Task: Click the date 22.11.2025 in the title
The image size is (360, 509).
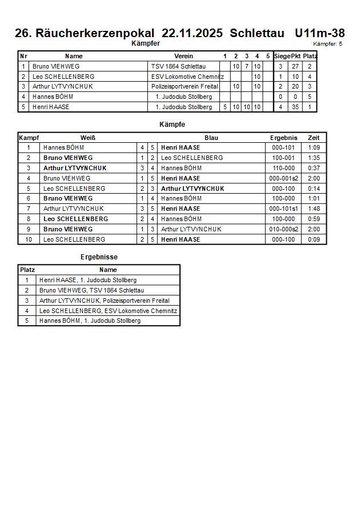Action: click(x=193, y=33)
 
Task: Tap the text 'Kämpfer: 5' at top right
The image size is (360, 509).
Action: click(x=328, y=43)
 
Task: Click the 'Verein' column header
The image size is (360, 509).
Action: click(x=183, y=56)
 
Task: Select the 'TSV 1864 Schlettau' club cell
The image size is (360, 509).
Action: click(x=178, y=66)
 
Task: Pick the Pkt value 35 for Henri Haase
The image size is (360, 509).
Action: click(x=295, y=107)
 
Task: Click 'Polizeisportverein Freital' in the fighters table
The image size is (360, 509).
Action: click(x=185, y=86)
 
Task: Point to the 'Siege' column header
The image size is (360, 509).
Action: click(x=282, y=56)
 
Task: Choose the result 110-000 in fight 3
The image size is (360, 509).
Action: click(x=283, y=168)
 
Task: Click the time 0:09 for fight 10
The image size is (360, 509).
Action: click(x=314, y=239)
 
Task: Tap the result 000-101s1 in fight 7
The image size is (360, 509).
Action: click(x=283, y=209)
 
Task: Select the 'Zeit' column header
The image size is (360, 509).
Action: click(x=314, y=138)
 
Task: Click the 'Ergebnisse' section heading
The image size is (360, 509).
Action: click(x=99, y=257)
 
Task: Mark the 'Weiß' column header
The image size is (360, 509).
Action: click(x=87, y=138)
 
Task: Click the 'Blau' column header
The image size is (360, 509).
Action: click(x=211, y=138)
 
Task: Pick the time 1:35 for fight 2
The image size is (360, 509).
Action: click(x=314, y=158)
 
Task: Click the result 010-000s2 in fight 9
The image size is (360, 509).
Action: click(x=283, y=229)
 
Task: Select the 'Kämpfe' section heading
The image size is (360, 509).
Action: click(x=172, y=124)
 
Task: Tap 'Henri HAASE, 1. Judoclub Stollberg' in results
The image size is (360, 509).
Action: click(x=88, y=280)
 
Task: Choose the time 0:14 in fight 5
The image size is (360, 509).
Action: click(x=314, y=189)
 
